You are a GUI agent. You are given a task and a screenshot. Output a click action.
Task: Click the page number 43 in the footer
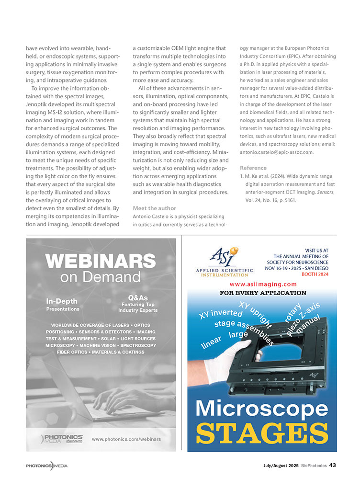tap(332, 465)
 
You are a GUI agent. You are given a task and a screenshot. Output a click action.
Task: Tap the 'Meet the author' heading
tap(155, 208)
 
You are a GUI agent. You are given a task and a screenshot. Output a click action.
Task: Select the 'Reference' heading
tap(253, 168)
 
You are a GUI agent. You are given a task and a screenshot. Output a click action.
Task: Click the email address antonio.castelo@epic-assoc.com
tap(276, 152)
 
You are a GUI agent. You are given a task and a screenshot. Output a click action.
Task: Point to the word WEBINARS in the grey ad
tap(101, 261)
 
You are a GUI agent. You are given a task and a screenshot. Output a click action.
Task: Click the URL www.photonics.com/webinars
tap(126, 439)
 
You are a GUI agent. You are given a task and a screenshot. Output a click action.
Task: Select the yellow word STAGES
tap(262, 432)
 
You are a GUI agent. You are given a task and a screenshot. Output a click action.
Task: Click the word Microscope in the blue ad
tap(262, 408)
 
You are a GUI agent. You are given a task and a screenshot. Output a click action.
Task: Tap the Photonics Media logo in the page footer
tap(46, 465)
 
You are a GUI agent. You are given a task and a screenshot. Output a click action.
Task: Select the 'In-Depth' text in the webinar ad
tap(62, 301)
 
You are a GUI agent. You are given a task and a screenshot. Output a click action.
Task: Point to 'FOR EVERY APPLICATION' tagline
tap(262, 293)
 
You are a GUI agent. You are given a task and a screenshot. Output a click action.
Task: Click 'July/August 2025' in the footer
tap(281, 465)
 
